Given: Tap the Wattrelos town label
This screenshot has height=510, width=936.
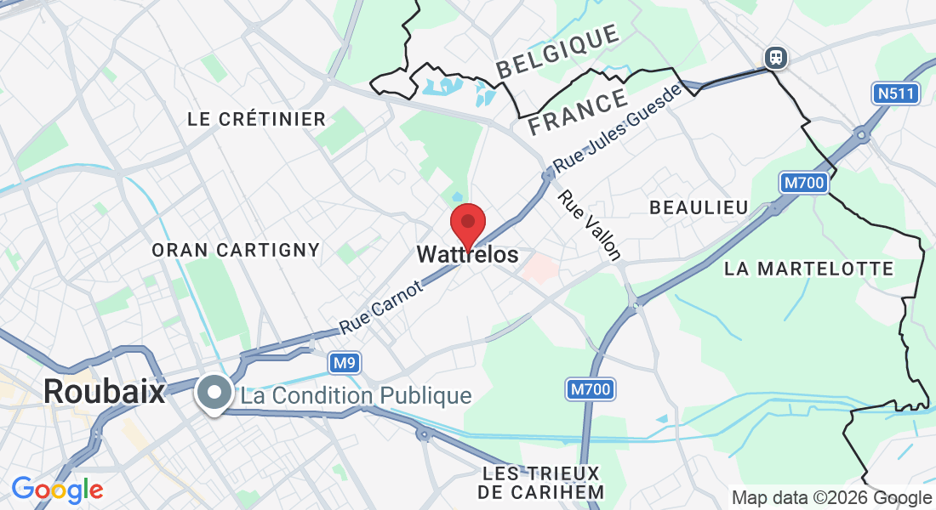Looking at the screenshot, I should (467, 255).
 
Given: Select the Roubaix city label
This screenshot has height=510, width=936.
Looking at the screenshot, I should (104, 392).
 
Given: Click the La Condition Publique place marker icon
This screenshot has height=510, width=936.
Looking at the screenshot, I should (214, 394).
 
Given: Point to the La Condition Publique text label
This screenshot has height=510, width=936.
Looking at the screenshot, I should (356, 396).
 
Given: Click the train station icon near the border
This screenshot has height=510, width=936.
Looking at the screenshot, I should (775, 57).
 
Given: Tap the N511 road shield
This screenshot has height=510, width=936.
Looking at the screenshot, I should (896, 93).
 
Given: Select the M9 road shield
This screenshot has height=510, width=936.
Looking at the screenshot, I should (344, 364).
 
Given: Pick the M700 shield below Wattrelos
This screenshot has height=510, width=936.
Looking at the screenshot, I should (590, 390).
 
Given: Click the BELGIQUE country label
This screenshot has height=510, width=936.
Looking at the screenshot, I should (558, 53).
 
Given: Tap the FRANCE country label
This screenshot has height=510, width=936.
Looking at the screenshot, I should (578, 113).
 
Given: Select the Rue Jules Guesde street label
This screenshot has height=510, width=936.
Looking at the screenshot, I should (617, 127).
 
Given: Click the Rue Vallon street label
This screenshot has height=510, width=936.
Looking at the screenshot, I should (590, 224).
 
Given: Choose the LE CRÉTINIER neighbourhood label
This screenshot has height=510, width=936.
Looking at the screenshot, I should (256, 120).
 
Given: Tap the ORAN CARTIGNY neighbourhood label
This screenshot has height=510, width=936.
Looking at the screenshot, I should (236, 250).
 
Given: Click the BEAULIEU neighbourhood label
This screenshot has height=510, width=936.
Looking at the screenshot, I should (699, 207).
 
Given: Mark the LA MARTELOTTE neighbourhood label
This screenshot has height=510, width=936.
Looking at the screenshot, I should (808, 269).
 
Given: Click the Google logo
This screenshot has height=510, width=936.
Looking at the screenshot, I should (57, 490).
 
